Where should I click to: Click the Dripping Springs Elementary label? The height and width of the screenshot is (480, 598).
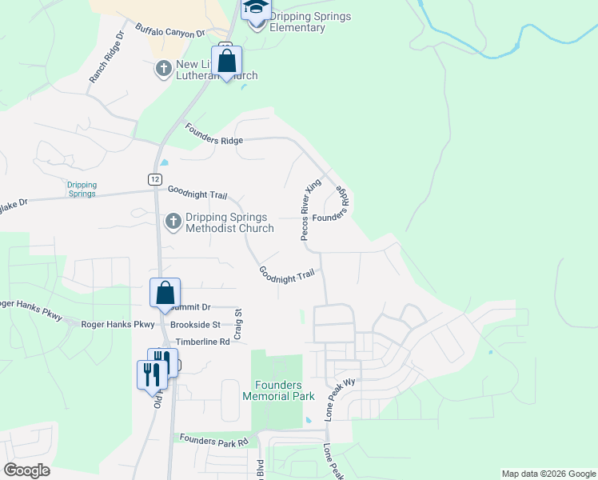click(x=297, y=22)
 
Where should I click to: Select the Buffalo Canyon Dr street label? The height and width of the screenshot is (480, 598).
click(x=170, y=32)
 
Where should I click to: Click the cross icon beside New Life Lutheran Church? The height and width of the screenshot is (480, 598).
click(x=163, y=69)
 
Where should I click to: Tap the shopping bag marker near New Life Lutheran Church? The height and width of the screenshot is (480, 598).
click(x=227, y=62)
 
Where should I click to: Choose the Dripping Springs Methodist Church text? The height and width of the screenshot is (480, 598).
click(x=229, y=222)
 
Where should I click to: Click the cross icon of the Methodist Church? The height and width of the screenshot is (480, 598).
click(x=173, y=222)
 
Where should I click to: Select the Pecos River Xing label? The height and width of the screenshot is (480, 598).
click(x=310, y=210)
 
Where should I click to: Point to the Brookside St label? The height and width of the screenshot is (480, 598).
click(x=194, y=325)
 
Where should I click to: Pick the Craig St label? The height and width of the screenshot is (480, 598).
click(x=237, y=326)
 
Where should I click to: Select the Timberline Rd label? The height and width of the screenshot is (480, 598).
click(x=202, y=342)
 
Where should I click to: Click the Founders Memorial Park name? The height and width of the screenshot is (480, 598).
click(x=278, y=390)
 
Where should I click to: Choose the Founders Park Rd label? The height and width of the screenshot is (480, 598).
click(x=214, y=440)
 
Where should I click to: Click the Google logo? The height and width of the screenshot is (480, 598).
click(x=27, y=470)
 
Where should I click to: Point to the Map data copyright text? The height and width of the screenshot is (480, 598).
click(x=548, y=474)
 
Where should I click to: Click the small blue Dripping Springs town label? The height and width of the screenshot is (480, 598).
click(x=82, y=189)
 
